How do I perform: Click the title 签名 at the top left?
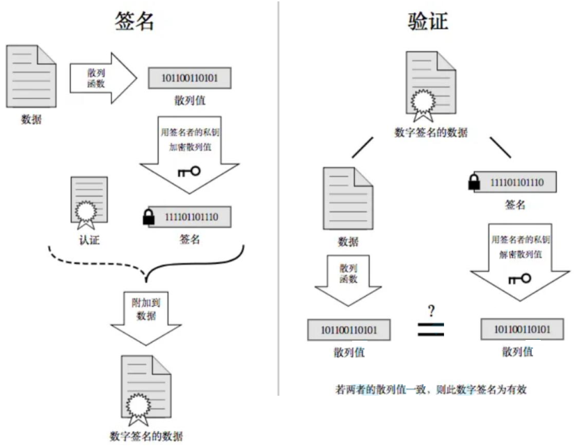(x=132, y=21)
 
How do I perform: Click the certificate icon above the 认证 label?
(x=88, y=202)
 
